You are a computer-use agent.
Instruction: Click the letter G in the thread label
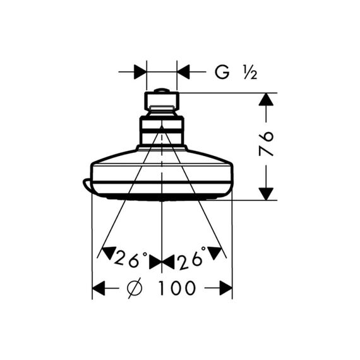click(222, 72)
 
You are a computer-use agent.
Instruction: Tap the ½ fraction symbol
click(250, 72)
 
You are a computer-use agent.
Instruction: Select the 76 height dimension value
click(267, 143)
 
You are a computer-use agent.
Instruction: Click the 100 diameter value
click(177, 287)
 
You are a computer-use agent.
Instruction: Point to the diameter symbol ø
click(135, 287)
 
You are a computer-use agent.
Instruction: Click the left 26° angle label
click(131, 260)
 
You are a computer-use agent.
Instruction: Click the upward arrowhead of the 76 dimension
click(266, 99)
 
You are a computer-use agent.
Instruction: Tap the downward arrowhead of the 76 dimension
click(266, 194)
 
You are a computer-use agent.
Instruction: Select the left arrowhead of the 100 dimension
click(99, 288)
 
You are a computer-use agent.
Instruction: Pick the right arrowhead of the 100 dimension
click(226, 288)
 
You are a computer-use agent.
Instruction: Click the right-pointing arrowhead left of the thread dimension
click(140, 72)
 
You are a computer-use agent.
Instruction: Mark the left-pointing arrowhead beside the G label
click(183, 72)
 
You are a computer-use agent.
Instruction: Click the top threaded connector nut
click(162, 101)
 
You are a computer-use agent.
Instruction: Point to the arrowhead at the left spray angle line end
click(109, 253)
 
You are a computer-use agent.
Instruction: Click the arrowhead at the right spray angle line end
click(215, 253)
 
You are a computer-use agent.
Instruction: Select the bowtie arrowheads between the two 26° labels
click(162, 263)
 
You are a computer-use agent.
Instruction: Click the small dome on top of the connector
click(162, 90)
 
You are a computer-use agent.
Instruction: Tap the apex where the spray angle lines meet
click(162, 127)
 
